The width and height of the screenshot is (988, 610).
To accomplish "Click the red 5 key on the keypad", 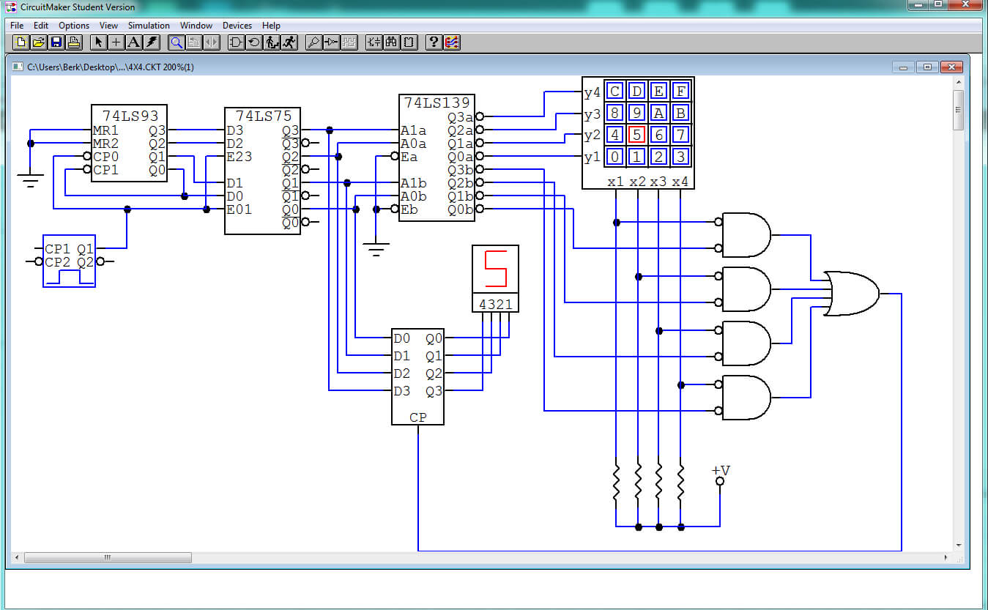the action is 636,135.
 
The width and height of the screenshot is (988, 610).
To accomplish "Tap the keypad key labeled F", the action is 680,92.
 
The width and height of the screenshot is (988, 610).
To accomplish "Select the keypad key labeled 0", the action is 614,157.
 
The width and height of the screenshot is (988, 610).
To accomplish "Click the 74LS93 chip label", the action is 130,116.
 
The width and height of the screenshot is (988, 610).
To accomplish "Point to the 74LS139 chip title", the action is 437,103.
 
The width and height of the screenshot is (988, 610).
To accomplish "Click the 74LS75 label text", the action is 264,116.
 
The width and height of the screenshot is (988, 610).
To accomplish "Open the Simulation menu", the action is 149,26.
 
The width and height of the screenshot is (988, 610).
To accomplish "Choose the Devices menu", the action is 237,26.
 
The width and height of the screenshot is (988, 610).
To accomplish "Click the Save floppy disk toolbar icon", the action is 56,42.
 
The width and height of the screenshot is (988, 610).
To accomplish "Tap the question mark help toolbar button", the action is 434,42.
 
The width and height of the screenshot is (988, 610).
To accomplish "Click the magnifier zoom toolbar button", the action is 177,42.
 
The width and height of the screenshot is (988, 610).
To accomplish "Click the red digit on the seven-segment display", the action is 496,268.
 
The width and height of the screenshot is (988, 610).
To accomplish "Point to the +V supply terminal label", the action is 721,470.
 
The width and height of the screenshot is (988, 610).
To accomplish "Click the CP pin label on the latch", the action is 417,417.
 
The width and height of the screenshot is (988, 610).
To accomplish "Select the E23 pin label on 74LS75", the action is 239,157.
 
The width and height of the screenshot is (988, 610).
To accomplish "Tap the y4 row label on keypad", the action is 592,92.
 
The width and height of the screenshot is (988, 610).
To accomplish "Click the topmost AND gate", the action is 746,235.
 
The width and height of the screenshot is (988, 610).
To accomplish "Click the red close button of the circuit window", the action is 951,67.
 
